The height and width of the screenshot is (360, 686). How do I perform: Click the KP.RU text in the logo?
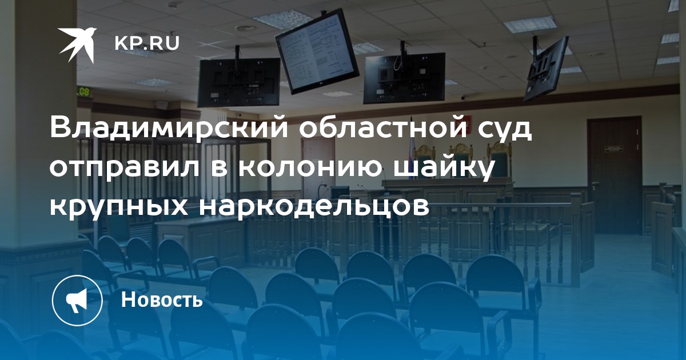pos(147,44)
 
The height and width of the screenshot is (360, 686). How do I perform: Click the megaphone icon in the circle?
pos(77,301)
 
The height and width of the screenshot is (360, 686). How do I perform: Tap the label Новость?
pos(162,299)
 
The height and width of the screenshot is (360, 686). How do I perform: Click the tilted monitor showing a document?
pos(317,51)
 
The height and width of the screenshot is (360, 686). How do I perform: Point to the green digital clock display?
pos(83,91)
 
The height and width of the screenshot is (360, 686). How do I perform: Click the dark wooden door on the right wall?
pos(615,175)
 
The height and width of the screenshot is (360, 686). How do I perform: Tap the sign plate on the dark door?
pos(614,149)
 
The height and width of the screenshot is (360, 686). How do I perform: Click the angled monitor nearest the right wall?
pos(545,70)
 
